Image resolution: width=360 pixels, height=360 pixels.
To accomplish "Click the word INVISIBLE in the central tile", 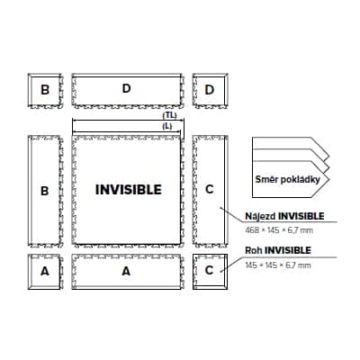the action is (129, 190).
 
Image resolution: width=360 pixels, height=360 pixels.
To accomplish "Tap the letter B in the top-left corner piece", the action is (45, 89).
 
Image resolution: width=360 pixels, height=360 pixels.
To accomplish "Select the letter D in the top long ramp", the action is (127, 88).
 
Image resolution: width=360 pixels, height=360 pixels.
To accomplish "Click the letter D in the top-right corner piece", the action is (210, 89).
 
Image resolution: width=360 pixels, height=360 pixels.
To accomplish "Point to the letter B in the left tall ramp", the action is (44, 191).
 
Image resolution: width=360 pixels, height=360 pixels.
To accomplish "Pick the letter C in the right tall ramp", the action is (210, 189).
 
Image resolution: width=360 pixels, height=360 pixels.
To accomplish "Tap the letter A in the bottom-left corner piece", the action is (45, 271).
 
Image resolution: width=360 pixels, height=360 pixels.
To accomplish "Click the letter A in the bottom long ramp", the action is (126, 271).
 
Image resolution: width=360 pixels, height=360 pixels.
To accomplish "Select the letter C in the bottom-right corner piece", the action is (209, 270).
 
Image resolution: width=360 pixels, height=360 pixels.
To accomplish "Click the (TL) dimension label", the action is (170, 115).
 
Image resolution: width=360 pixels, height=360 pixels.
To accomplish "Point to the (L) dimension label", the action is (167, 126).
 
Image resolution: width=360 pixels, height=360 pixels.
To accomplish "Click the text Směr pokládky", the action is (287, 179).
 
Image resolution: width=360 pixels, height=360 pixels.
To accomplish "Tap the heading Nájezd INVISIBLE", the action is (284, 216).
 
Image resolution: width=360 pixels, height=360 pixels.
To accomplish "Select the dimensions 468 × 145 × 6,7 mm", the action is (279, 230).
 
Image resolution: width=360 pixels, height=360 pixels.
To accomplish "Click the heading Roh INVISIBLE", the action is (278, 250).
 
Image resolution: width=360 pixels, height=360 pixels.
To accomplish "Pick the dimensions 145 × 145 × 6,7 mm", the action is (278, 265).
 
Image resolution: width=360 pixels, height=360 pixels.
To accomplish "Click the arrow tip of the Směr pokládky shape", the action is (329, 179).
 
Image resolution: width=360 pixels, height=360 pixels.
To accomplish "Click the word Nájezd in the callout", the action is (261, 216).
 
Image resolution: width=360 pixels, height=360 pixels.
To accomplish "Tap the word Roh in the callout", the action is (254, 250).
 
